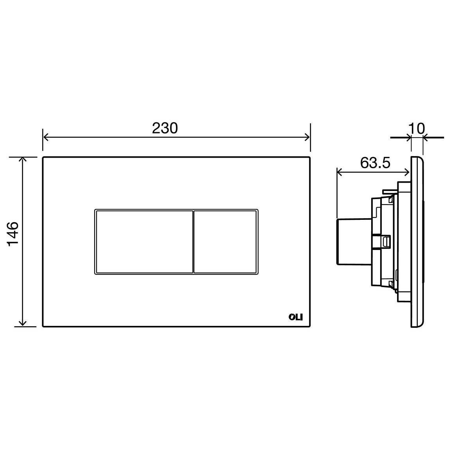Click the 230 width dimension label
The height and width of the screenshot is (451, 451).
165,128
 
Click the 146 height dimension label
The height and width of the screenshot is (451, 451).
13,234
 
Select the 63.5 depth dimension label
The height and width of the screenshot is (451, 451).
375,163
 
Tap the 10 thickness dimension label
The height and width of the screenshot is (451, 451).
417,129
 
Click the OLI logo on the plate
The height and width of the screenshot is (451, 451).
296,317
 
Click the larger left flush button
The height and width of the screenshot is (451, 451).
144,242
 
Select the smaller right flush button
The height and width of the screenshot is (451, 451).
225,242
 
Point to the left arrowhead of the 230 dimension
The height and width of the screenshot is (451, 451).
45,137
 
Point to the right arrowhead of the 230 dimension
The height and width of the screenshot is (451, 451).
307,137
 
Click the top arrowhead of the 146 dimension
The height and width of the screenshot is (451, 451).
23,160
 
